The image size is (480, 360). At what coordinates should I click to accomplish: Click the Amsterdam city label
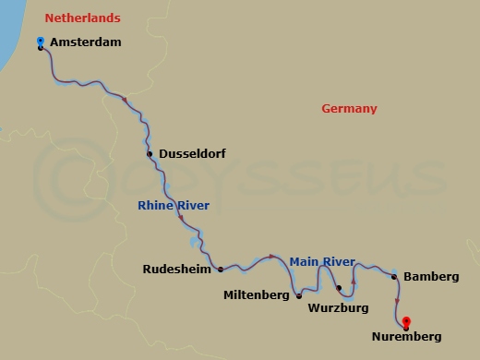[87, 42]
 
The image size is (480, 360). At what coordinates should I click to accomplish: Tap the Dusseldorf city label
[193, 154]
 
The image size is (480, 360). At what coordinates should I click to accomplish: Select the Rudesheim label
[175, 270]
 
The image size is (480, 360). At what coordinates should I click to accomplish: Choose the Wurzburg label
[338, 306]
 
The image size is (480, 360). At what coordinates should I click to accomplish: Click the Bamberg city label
[431, 277]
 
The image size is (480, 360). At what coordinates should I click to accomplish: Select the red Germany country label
[349, 109]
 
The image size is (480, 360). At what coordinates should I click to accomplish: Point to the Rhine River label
[174, 205]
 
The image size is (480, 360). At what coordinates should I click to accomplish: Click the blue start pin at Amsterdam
[40, 41]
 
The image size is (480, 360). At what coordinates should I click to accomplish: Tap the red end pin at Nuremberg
[406, 321]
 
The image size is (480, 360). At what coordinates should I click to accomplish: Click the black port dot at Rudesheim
[220, 270]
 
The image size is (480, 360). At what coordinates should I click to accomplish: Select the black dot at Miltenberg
[299, 296]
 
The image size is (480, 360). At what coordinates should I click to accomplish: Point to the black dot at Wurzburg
[340, 288]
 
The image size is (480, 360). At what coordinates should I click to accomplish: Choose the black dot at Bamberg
[394, 277]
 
